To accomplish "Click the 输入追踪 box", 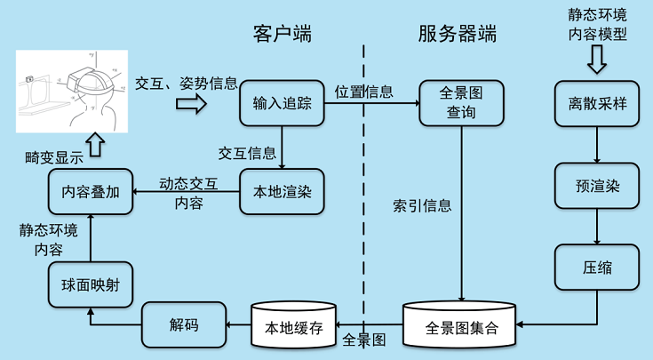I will pos(282,104).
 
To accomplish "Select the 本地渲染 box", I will pos(282,191).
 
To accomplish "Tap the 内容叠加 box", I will pos(89,191).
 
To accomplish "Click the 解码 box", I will pos(184,324).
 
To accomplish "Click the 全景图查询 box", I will pos(460,103).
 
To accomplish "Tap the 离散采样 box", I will pos(598,104).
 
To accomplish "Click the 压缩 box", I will pos(598,267).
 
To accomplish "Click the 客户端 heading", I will pos(283,35).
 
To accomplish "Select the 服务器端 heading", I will pos(457,35).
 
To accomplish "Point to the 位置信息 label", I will pos(364,91).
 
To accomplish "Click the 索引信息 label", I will pos(422,205).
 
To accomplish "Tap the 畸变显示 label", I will pos(54,157).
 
